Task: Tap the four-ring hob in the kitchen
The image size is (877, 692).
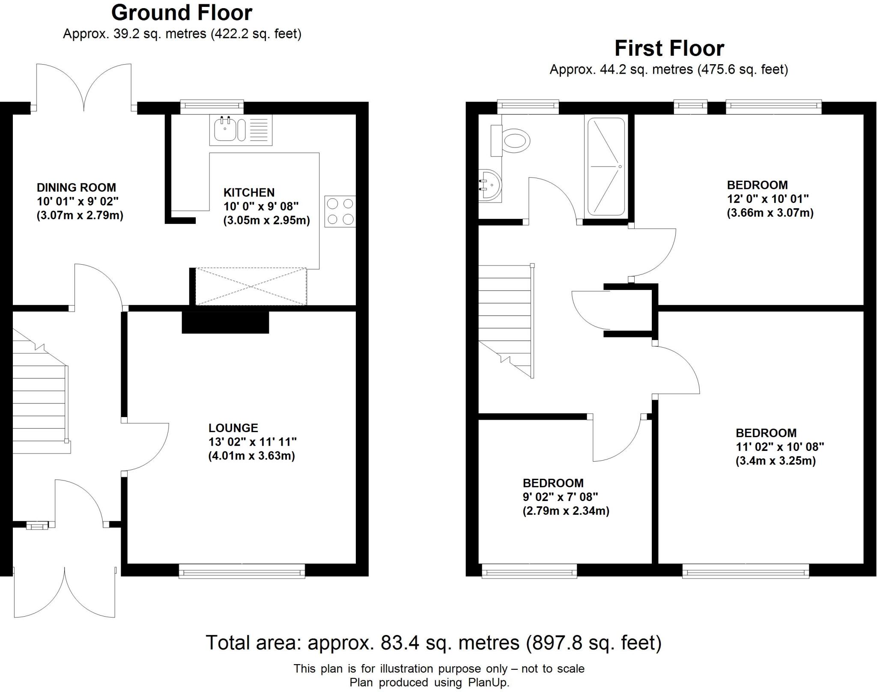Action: pyautogui.click(x=340, y=211)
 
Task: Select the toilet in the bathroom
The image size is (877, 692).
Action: pyautogui.click(x=511, y=140)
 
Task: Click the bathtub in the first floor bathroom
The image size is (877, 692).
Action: pyautogui.click(x=606, y=167)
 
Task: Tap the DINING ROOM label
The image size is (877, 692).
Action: pyautogui.click(x=76, y=188)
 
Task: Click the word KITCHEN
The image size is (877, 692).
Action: pyautogui.click(x=249, y=193)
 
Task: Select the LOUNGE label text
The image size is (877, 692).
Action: pyautogui.click(x=233, y=428)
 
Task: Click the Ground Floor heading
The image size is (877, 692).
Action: pyautogui.click(x=182, y=13)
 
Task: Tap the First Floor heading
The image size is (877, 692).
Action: pyautogui.click(x=669, y=48)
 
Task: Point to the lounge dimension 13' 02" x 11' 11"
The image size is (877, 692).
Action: pyautogui.click(x=253, y=441)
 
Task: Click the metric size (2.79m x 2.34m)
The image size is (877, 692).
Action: pyautogui.click(x=566, y=510)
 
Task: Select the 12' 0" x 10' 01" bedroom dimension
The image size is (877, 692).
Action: pyautogui.click(x=768, y=199)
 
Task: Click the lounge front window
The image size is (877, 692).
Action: pyautogui.click(x=242, y=571)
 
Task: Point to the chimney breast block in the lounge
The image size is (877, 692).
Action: pyautogui.click(x=225, y=322)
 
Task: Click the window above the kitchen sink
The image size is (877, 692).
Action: pyautogui.click(x=212, y=107)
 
